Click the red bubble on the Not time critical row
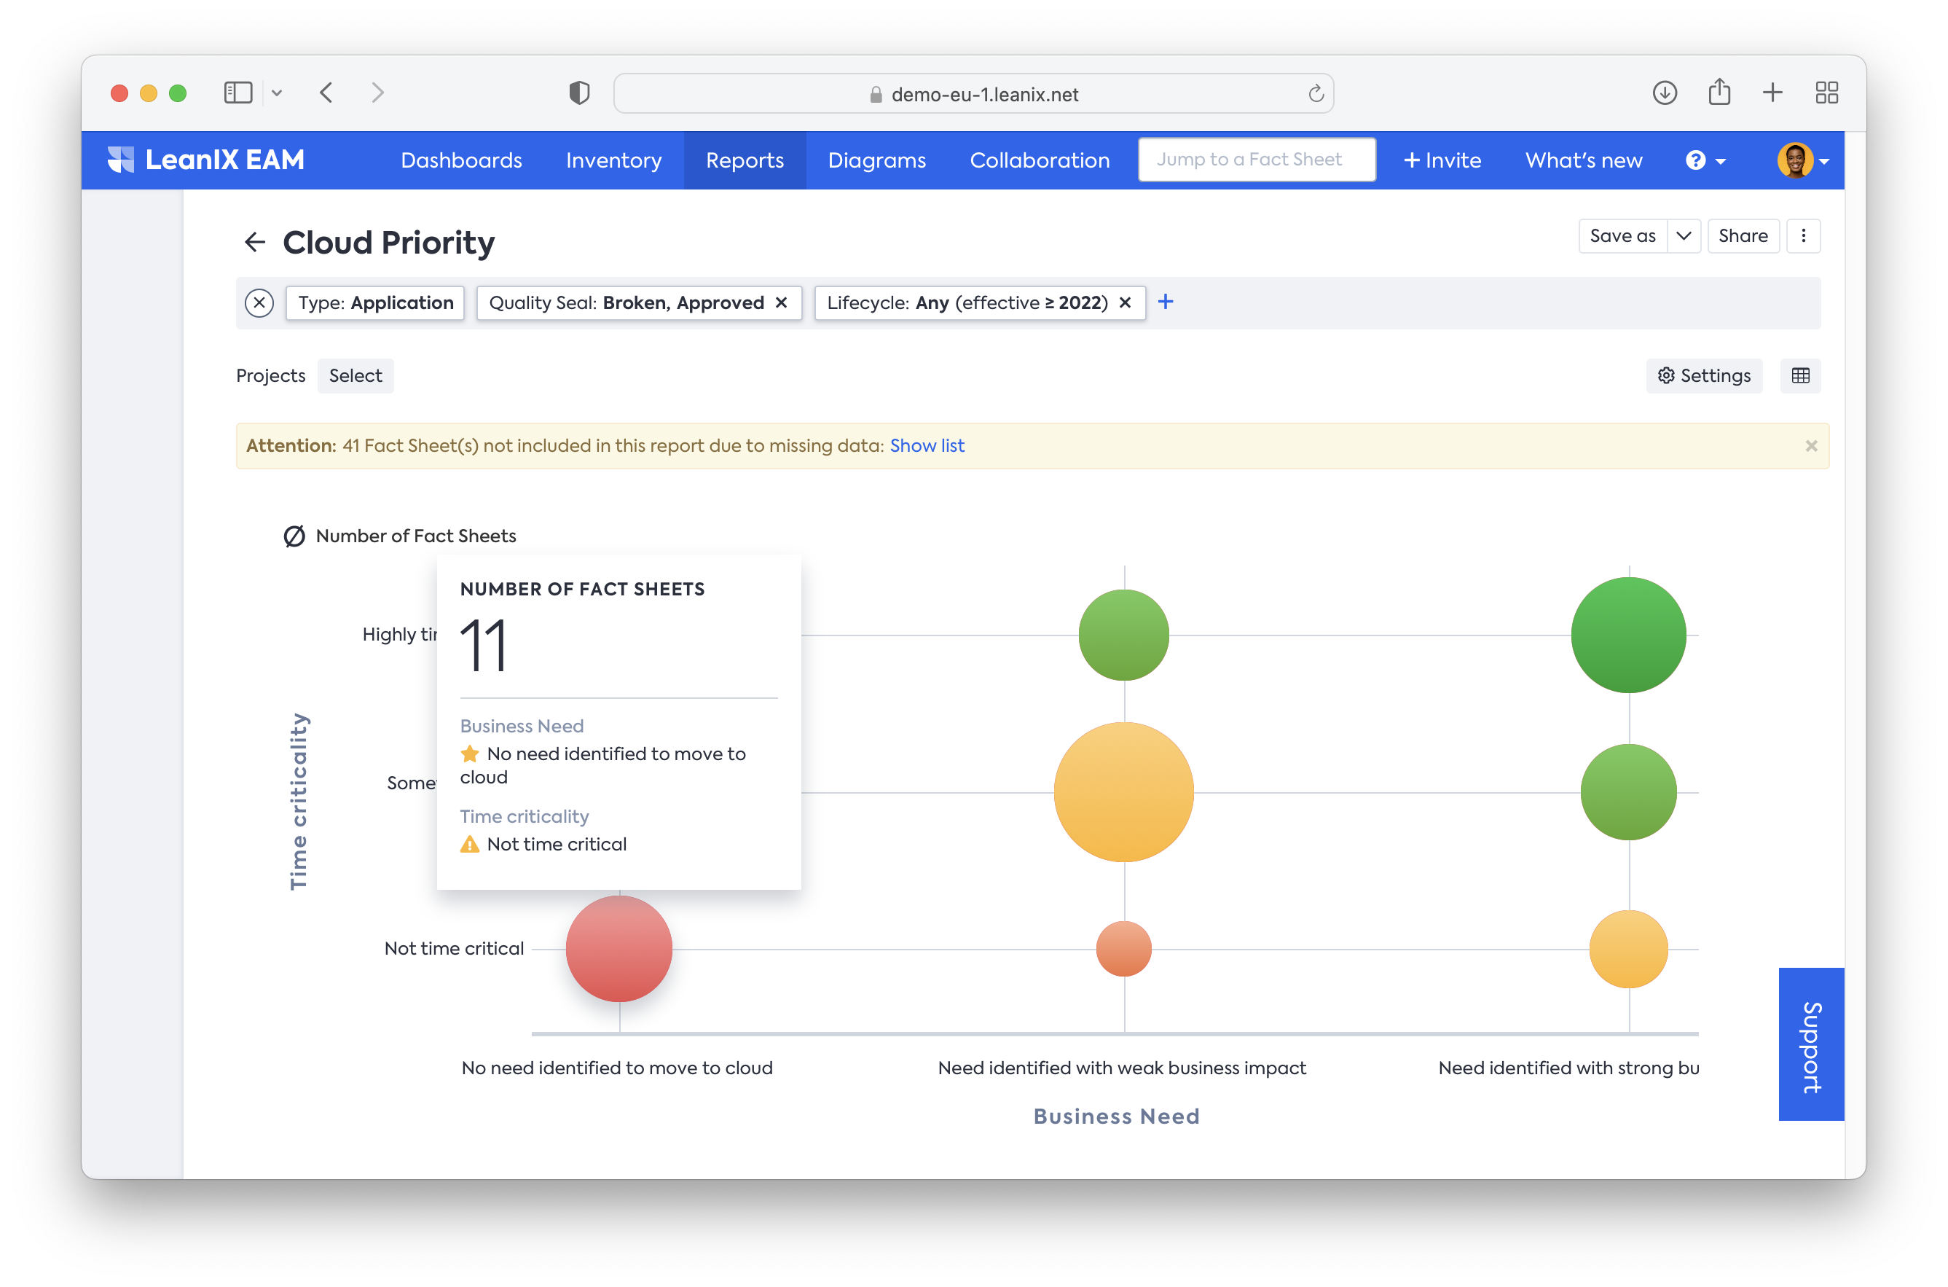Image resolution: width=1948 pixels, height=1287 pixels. (x=618, y=949)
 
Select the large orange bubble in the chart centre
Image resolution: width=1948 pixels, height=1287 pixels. (x=1123, y=792)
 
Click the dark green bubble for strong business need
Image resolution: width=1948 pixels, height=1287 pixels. (x=1628, y=635)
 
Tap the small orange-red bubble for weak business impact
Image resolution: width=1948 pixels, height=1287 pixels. (x=1123, y=949)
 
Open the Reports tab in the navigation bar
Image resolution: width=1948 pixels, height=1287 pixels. (x=745, y=161)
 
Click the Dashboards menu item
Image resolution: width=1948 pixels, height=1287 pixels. (x=461, y=161)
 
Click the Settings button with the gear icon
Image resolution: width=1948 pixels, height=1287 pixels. (x=1703, y=376)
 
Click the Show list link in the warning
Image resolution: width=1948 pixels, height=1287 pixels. (x=927, y=446)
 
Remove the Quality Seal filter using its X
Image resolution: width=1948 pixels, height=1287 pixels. (x=781, y=303)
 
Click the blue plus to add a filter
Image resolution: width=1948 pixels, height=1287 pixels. (x=1165, y=302)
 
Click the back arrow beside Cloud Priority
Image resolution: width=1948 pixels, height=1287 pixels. (x=255, y=242)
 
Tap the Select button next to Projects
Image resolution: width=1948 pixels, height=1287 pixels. (x=356, y=376)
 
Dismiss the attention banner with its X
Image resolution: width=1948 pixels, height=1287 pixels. (x=1811, y=446)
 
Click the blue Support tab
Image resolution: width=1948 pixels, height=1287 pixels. (x=1811, y=1044)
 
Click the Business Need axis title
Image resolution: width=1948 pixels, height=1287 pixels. (x=1116, y=1116)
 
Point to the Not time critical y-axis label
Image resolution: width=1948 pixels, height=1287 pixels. (x=454, y=949)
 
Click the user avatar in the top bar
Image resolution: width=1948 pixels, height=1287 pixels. (x=1794, y=161)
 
